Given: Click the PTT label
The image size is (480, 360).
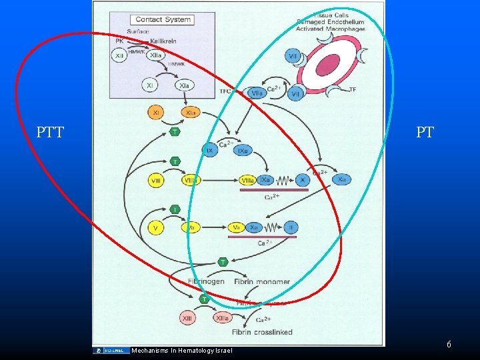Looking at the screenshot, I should pos(50,132).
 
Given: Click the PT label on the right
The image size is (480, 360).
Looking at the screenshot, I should pos(425,132).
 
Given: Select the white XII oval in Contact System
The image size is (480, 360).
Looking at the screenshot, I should pos(120,56).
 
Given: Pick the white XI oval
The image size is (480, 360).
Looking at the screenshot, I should pos(151,85).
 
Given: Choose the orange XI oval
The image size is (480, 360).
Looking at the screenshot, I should pos(155,113).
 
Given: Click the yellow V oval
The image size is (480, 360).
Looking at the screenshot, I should pos(155,228).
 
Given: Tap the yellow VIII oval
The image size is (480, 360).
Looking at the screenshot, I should pos(155,180).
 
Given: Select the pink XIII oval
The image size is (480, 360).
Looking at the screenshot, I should pos(189,319).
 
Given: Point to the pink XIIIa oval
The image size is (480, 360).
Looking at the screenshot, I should pos(223,319).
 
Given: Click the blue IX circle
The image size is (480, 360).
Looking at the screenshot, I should pos(210,151).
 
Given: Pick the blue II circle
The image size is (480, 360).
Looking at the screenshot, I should pos(290,227).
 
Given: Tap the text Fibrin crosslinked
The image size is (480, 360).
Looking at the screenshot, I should pos(263,332).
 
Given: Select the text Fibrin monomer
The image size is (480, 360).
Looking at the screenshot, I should pos(262,281).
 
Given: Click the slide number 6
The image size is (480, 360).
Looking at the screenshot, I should pos(449,344).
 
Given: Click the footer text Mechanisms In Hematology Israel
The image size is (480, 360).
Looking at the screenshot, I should pos(182,351).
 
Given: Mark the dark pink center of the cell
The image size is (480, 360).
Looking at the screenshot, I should pos(328,65).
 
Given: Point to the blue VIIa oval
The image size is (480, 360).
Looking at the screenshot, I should pos(257,93).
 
